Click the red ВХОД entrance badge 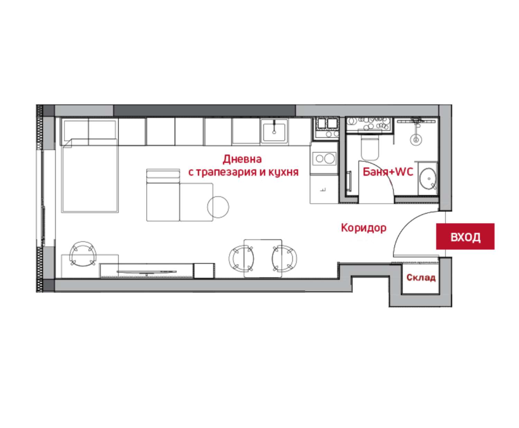click(x=465, y=236)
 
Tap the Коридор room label click(x=364, y=228)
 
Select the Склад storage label click(x=421, y=278)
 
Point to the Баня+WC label click(x=388, y=171)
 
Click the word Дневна click(x=242, y=159)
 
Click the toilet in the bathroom click(x=370, y=147)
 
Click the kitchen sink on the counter click(x=274, y=131)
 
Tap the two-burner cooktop click(x=325, y=158)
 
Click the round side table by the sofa click(x=218, y=207)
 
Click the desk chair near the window click(x=83, y=254)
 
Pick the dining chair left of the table click(x=241, y=258)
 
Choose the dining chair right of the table click(x=284, y=258)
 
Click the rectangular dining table click(x=263, y=258)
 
